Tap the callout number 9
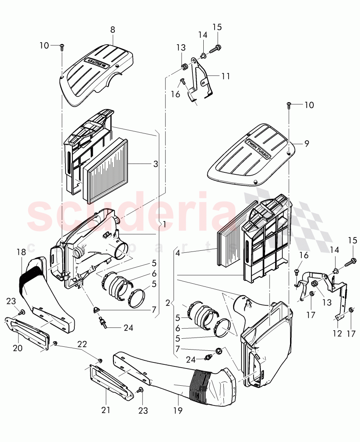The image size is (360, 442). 307,143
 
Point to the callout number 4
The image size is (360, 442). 177,253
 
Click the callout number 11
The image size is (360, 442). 226,76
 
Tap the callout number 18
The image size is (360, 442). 21,252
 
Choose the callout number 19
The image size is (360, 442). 178,410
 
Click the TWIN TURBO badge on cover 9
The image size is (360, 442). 258,149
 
